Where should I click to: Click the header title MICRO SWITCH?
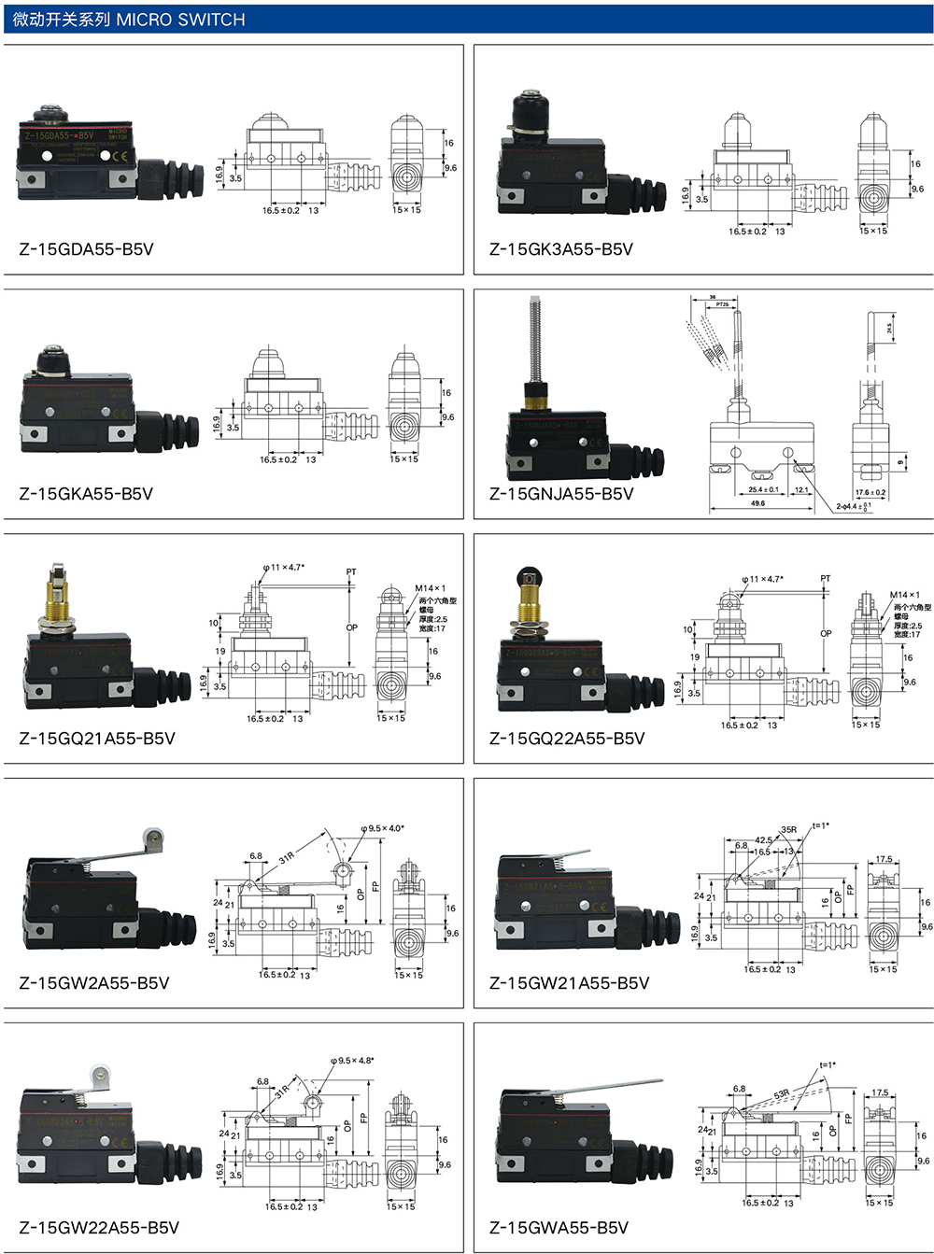pos(180,20)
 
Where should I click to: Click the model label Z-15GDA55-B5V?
pos(86,249)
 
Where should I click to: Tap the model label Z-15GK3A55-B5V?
pos(560,249)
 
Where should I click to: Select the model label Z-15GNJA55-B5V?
pos(560,494)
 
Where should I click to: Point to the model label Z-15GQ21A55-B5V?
pos(97,739)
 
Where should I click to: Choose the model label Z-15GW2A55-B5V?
pos(93,983)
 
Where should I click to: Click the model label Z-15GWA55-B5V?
pos(559,1228)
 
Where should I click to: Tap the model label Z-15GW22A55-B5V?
pos(99,1228)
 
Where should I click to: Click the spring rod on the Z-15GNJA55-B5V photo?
pos(535,336)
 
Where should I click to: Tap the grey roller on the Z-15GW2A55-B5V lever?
pos(151,838)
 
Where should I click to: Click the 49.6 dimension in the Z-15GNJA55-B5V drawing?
pos(757,503)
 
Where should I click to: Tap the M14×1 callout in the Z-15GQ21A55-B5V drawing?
pos(430,589)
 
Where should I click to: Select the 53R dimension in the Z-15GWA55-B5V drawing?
pos(781,1093)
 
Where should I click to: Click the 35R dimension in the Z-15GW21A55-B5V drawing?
pos(788,829)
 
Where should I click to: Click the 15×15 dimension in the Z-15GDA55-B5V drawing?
pos(406,210)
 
